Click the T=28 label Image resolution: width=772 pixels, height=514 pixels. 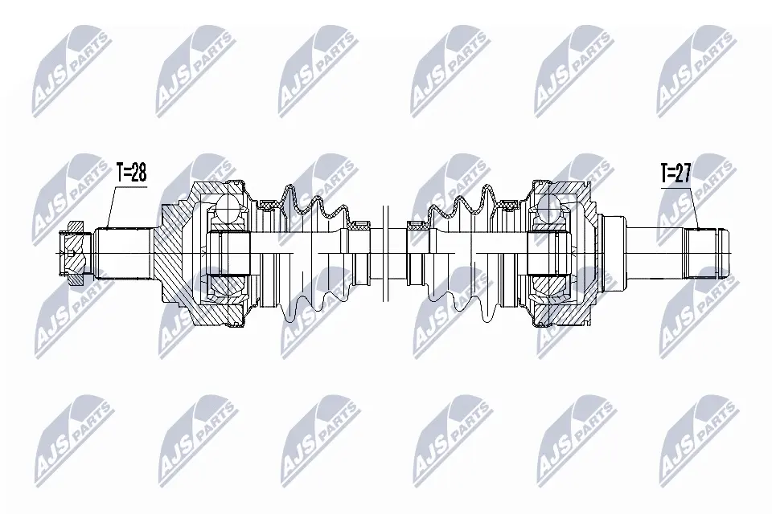[131, 173]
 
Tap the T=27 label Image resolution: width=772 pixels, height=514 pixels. [675, 173]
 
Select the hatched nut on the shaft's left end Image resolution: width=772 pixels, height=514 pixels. [73, 254]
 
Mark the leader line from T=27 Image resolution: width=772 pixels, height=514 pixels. [693, 208]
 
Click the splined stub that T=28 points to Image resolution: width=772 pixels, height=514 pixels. [122, 253]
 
